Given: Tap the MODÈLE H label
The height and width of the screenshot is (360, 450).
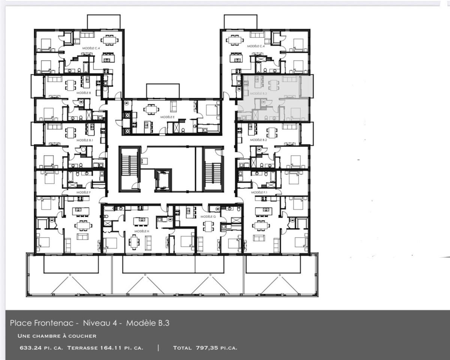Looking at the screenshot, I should pos(142,231).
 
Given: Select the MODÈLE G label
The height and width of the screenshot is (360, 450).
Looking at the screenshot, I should pos(207,217).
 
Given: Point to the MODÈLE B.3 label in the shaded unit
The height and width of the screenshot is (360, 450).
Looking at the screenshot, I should pos(258,93).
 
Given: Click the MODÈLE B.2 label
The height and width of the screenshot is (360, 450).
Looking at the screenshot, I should pos(258,139).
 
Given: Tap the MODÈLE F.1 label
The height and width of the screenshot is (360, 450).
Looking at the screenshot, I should pos(258,192).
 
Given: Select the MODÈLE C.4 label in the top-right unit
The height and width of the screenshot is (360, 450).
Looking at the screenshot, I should pos(256,46).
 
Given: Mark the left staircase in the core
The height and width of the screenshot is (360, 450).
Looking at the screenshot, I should pos(129,169).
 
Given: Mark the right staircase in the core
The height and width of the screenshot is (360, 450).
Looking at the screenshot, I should pos(213,169).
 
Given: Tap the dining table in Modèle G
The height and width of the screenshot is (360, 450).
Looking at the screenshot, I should pos(208,226).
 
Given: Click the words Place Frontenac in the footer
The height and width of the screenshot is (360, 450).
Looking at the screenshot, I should pos(44,323).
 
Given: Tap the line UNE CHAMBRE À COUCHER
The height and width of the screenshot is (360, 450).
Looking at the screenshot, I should pos(57,336).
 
